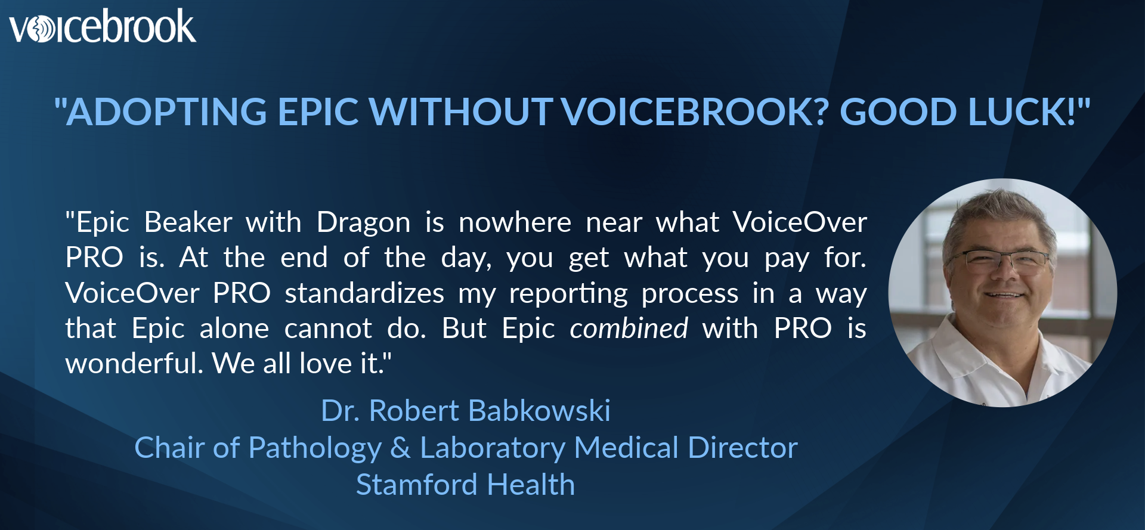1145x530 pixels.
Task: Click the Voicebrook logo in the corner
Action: click(x=102, y=27)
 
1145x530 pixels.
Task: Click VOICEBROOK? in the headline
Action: click(x=695, y=112)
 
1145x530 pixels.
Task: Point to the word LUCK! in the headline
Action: click(x=1022, y=112)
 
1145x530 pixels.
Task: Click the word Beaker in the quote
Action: click(x=188, y=223)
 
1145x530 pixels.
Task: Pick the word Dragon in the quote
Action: click(x=363, y=223)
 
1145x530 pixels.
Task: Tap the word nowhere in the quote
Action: click(x=515, y=223)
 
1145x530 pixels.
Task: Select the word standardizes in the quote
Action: click(x=364, y=293)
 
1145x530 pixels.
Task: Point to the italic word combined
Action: click(x=629, y=328)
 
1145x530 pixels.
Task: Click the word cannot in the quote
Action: click(x=328, y=328)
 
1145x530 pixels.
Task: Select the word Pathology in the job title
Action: click(x=315, y=448)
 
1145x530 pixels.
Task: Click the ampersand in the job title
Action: click(x=400, y=448)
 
